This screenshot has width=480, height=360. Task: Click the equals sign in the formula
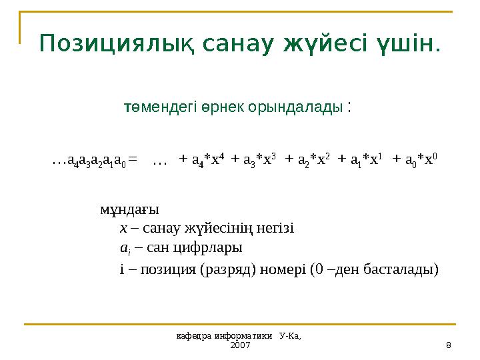pyautogui.click(x=133, y=160)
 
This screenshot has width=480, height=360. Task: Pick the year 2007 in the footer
pyautogui.click(x=239, y=346)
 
